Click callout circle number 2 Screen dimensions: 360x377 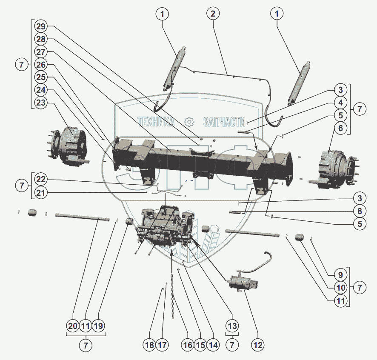pos(213,14)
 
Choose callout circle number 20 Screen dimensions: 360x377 pos(73,326)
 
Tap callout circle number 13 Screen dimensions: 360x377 pos(231,326)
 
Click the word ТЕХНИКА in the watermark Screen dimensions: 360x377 pos(156,122)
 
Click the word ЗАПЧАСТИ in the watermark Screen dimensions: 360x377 pos(224,122)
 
